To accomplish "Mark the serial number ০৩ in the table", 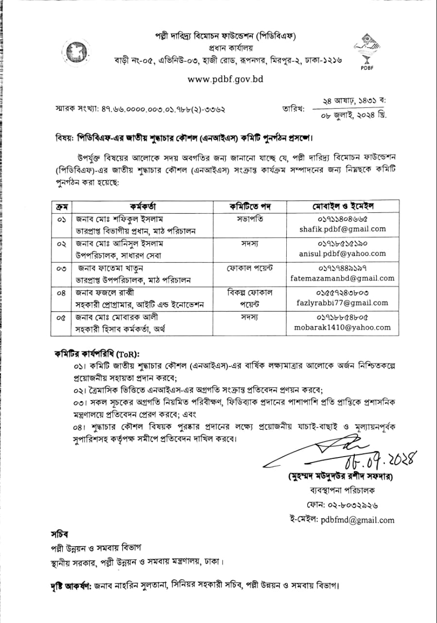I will pos(61,269).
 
